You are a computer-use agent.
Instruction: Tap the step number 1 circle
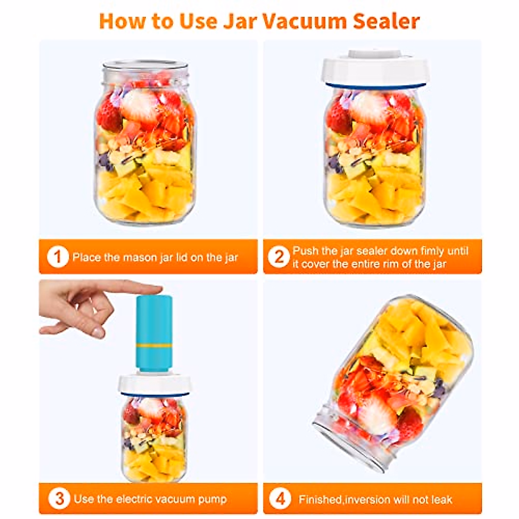(58, 257)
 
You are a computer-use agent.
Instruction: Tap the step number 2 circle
(279, 257)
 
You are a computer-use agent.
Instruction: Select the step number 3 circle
(59, 499)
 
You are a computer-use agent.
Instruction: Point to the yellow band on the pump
(154, 346)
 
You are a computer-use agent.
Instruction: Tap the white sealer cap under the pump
(154, 384)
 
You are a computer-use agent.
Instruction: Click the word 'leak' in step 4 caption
(441, 500)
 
